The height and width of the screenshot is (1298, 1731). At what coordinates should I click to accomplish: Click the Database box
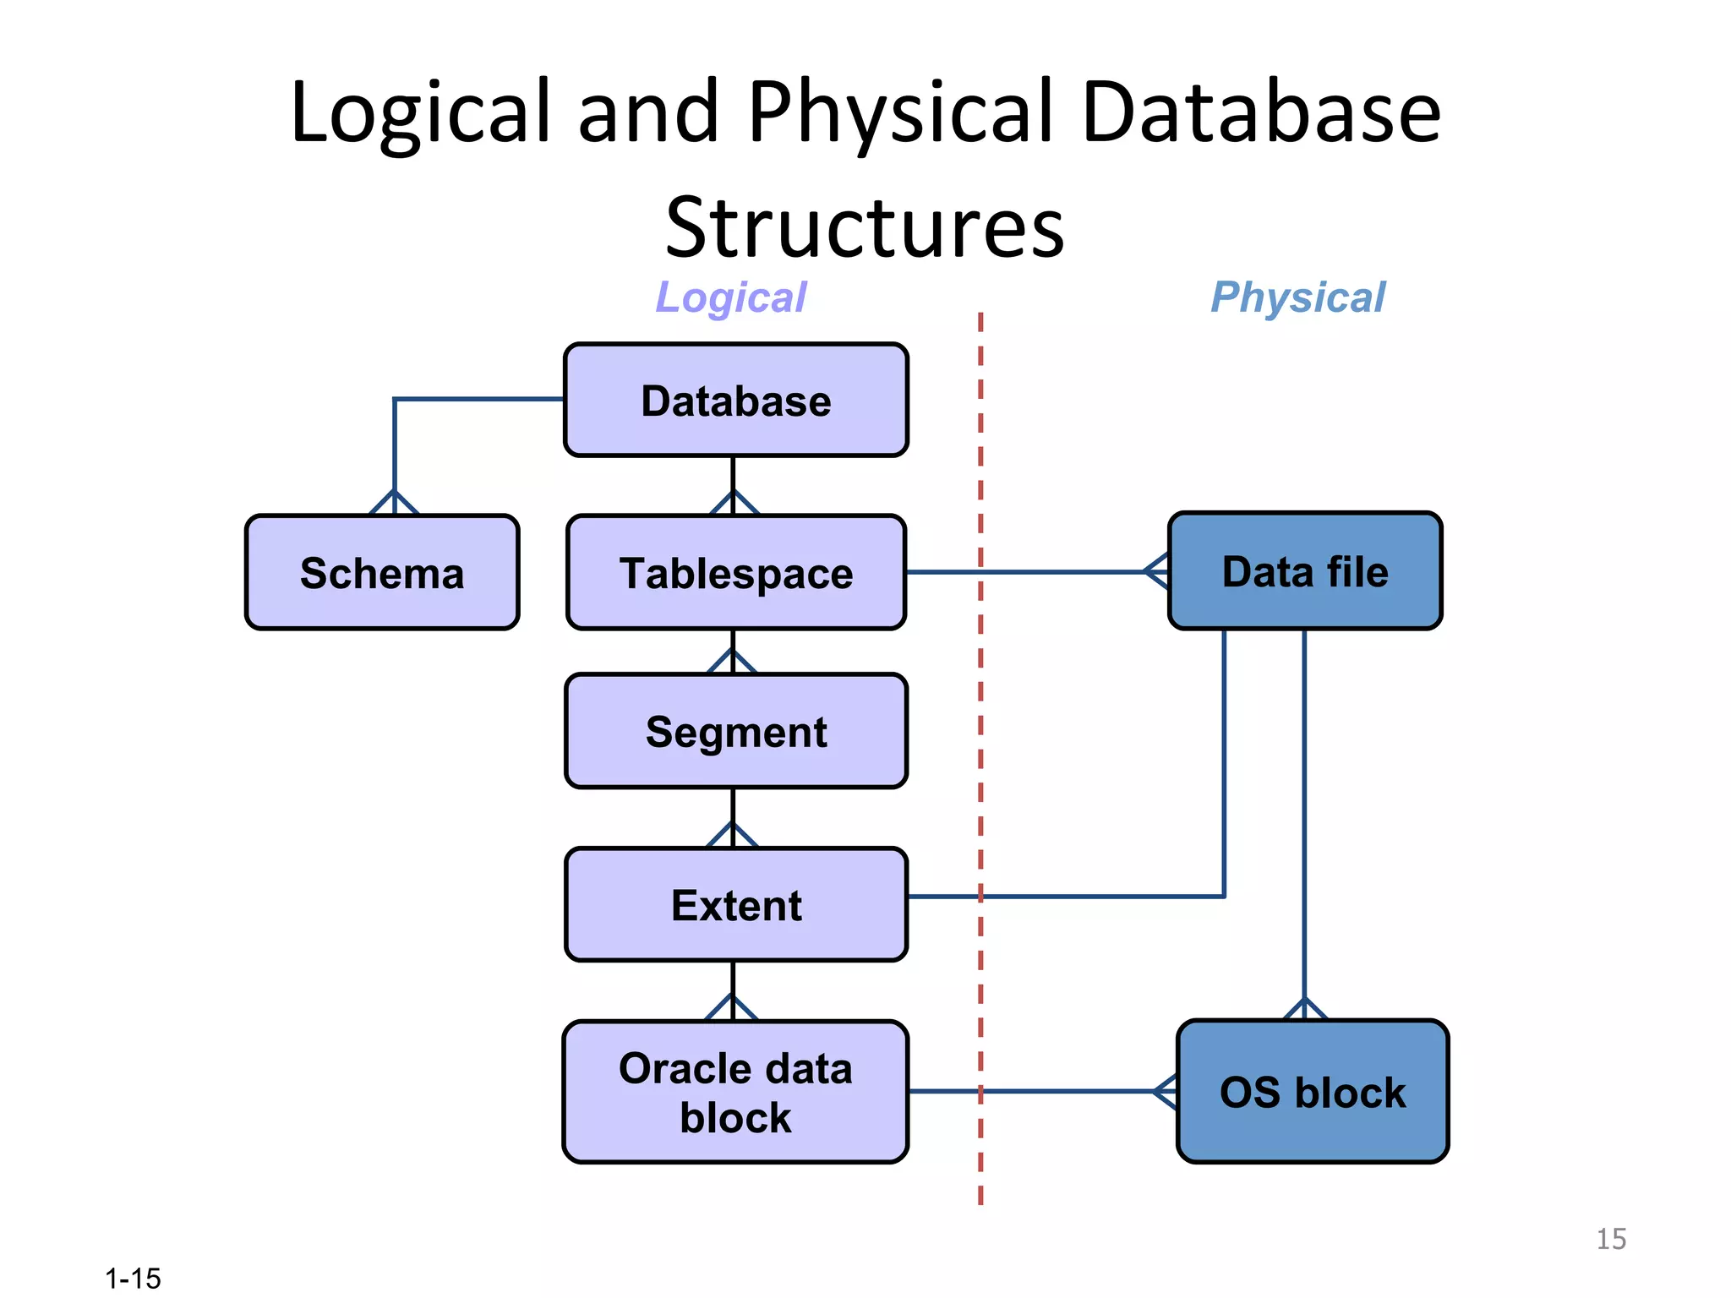point(735,401)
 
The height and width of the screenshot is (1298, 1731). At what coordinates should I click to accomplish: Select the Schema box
point(382,573)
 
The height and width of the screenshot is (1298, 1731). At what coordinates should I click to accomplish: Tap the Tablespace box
point(735,573)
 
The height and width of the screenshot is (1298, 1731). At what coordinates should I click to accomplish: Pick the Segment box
point(735,732)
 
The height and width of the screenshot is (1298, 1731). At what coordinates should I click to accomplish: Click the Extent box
point(735,905)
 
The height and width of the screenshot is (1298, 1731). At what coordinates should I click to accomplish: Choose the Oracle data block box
point(735,1092)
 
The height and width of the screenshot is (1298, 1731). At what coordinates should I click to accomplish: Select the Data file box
point(1305,571)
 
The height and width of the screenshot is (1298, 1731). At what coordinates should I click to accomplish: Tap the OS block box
point(1312,1092)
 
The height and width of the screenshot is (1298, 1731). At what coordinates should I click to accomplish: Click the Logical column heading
point(731,297)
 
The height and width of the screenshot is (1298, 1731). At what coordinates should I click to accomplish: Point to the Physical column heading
point(1298,297)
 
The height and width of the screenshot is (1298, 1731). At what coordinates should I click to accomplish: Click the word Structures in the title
point(864,226)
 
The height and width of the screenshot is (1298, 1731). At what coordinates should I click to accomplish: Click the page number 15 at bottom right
point(1611,1239)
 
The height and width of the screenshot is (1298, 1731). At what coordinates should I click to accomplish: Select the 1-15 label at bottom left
point(133,1279)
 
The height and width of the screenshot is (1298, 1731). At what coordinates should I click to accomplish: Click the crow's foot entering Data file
point(1157,571)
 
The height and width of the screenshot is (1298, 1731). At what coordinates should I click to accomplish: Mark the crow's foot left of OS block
point(1166,1092)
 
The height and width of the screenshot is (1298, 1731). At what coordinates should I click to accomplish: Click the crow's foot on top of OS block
point(1305,1009)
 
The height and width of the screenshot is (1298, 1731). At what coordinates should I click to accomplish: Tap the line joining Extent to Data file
point(1099,896)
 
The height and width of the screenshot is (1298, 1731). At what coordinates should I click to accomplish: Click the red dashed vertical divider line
point(980,761)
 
